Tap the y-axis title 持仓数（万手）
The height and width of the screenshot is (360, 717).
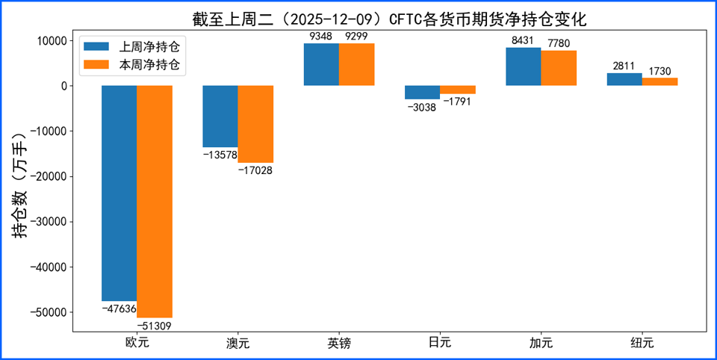[x=20, y=186]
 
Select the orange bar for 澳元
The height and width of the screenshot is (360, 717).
[x=255, y=124]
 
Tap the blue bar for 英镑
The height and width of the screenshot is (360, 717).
[x=321, y=64]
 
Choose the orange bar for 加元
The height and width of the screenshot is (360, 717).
[x=559, y=68]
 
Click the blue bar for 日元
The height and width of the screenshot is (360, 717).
[x=422, y=93]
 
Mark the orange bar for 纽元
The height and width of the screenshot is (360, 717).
[x=659, y=81]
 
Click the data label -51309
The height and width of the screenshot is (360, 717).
[x=155, y=326]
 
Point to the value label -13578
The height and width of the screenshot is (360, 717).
[x=220, y=155]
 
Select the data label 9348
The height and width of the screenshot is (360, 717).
[x=321, y=36]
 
